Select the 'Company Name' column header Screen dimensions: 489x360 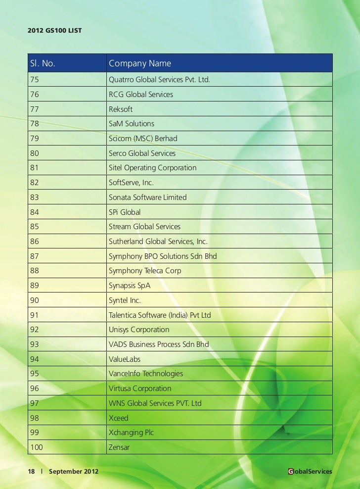coord(140,63)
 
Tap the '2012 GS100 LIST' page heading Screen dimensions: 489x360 coord(55,31)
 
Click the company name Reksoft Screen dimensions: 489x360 coord(121,109)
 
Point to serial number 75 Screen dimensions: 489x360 coord(35,79)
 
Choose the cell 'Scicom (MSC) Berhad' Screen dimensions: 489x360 coord(143,138)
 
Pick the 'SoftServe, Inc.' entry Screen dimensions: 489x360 coord(131,183)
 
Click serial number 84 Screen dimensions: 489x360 coord(35,212)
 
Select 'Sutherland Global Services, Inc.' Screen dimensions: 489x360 coord(158,242)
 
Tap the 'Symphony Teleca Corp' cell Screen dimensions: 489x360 coord(145,271)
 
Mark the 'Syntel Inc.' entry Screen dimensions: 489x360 coord(125,300)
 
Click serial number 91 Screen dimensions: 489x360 coord(35,315)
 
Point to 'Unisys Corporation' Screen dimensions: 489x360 coord(139,330)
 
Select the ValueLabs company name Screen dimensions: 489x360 coord(125,359)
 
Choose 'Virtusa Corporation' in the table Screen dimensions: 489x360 coord(140,389)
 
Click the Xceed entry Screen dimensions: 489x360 coord(118,418)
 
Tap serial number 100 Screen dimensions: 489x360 coord(37,447)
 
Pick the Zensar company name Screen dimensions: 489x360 coord(120,447)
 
